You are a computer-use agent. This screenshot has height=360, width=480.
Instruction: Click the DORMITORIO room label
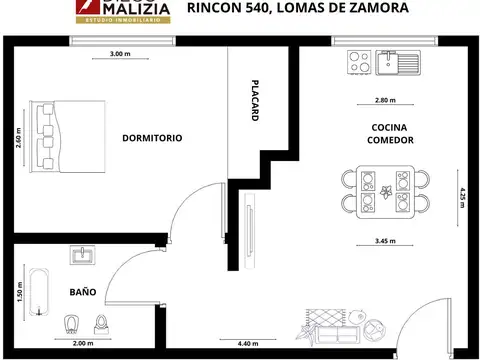click(x=152, y=138)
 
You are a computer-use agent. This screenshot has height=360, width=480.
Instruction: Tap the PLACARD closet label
click(x=255, y=100)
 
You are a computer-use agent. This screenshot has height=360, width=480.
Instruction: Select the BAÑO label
click(x=83, y=292)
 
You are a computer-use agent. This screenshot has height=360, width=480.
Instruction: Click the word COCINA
click(x=387, y=128)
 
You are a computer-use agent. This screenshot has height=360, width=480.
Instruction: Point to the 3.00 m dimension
click(x=120, y=55)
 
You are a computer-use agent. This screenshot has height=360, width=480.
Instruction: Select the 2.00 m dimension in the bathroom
click(x=84, y=343)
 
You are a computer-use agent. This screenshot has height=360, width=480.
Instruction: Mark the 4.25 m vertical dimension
click(x=462, y=195)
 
